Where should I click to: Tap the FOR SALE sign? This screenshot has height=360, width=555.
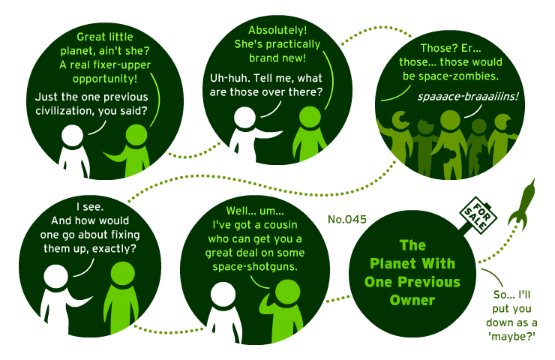coord(478,215)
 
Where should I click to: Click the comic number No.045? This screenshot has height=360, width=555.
coord(346,220)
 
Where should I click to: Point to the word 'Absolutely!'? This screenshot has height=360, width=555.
coord(277,31)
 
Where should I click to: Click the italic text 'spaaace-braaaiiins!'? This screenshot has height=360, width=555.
coord(468,97)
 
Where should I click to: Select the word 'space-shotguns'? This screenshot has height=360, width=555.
coord(255,266)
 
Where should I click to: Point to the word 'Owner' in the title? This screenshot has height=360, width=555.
coord(412,300)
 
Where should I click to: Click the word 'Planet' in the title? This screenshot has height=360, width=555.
coord(392,264)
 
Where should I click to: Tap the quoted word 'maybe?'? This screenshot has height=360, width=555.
coord(511,337)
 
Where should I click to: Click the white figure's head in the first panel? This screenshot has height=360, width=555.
coord(72,136)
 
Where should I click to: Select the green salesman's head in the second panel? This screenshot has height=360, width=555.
coord(310,117)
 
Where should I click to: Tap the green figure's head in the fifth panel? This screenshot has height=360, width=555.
coord(287,292)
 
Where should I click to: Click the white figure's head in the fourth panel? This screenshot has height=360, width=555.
coord(56,277)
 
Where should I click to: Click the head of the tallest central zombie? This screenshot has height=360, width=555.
coord(450,120)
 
